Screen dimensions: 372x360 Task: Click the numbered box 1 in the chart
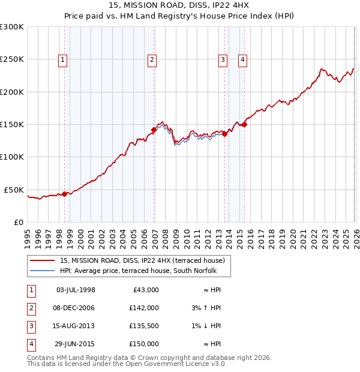[63, 59]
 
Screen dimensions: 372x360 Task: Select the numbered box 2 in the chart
[152, 59]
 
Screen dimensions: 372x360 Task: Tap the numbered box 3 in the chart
[223, 59]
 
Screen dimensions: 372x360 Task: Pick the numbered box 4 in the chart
[242, 59]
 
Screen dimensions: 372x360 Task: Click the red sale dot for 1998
[64, 194]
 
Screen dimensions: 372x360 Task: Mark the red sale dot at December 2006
[154, 130]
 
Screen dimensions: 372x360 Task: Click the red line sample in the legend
[43, 260]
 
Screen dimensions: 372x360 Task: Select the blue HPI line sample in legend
[43, 271]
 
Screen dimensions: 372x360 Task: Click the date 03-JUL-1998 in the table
[76, 290]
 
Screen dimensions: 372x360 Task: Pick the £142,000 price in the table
[144, 307]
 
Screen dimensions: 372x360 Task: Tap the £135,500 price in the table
[144, 326]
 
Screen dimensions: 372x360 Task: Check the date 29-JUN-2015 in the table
[76, 344]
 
